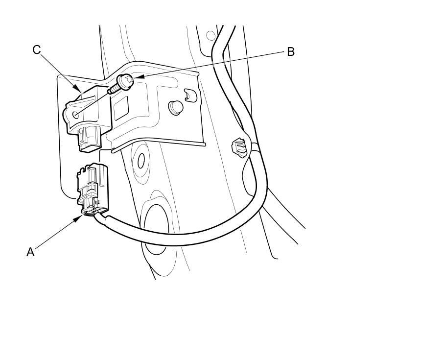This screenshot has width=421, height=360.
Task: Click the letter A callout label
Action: point(30,252)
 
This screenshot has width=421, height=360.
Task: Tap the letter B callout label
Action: point(290,51)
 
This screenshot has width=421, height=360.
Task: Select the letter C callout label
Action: point(37,49)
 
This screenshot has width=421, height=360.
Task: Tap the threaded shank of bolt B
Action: point(114,88)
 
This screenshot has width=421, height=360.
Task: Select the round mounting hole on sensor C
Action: point(74,114)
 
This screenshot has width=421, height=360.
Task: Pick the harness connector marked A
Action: point(93,189)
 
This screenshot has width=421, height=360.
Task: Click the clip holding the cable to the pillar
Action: point(239,146)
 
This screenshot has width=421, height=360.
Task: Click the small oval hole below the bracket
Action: point(141,160)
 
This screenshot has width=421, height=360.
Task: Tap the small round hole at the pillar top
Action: point(210,35)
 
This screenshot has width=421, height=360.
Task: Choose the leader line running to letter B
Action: point(210,63)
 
